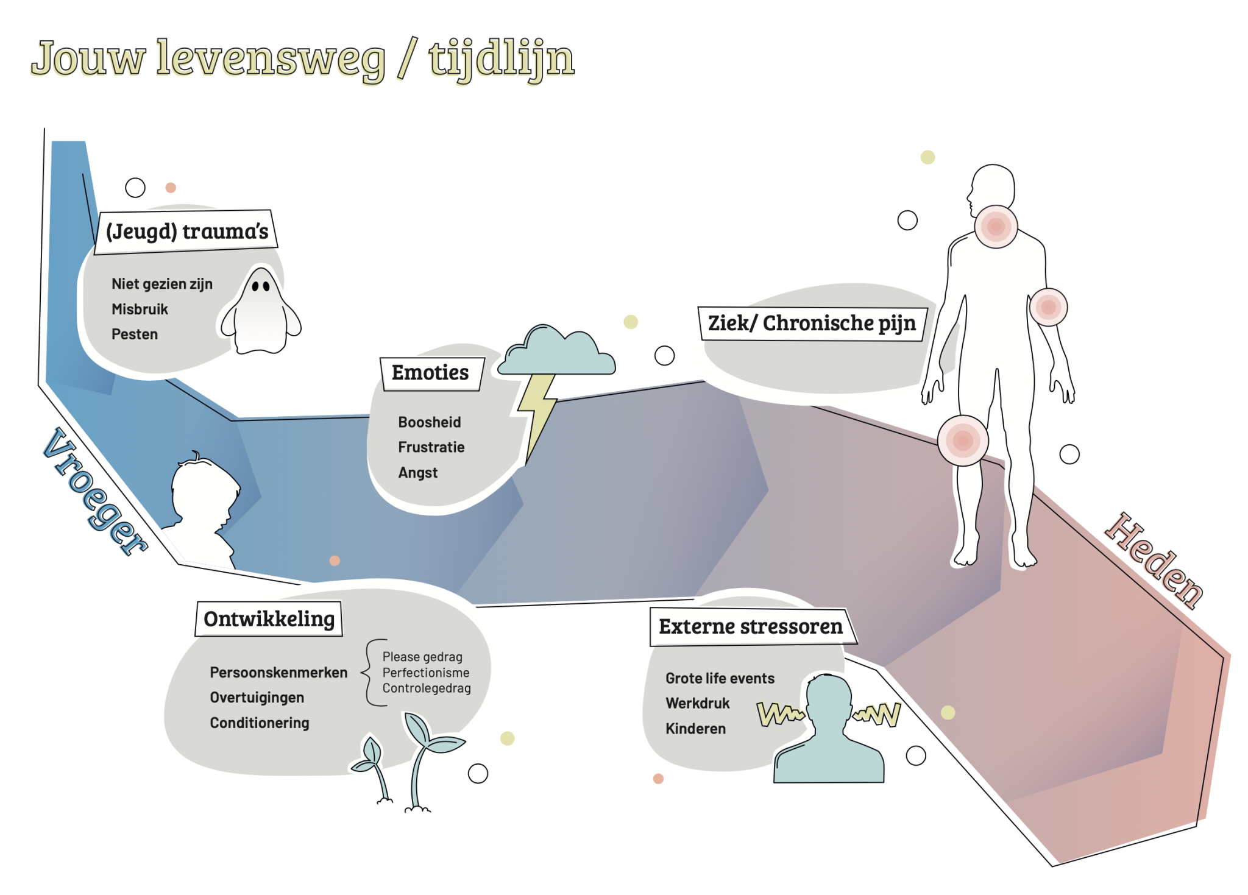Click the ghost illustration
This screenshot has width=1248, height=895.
click(x=261, y=311)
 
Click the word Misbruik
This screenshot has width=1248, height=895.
click(x=140, y=309)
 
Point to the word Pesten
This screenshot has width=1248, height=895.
click(x=135, y=334)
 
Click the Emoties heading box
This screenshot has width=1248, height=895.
click(x=431, y=373)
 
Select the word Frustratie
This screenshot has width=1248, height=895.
click(x=431, y=447)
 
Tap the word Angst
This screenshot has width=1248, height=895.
click(x=418, y=473)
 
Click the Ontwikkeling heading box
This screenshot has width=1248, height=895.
click(x=269, y=619)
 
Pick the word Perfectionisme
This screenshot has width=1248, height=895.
click(x=426, y=673)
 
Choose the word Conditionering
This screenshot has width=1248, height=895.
click(x=260, y=723)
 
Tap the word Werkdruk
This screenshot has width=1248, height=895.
click(x=698, y=703)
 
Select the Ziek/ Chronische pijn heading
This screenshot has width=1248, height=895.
click(x=812, y=324)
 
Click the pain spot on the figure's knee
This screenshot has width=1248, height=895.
click(x=963, y=440)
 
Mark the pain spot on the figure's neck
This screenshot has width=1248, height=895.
click(x=996, y=227)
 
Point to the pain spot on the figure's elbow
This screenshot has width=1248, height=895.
click(x=1048, y=307)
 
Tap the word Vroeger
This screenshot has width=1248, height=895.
click(x=95, y=491)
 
